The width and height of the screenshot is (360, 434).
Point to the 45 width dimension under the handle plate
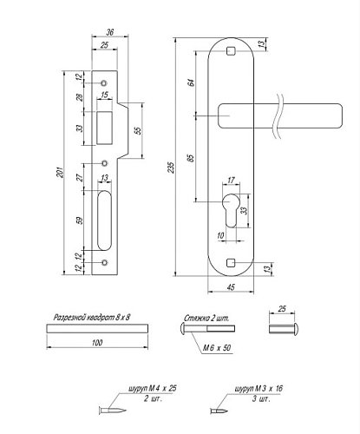(x=232, y=287)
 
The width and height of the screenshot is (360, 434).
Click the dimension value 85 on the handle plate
(x=191, y=160)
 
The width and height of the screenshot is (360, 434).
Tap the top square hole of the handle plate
(x=231, y=53)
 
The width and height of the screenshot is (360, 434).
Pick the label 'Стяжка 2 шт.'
(x=206, y=319)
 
